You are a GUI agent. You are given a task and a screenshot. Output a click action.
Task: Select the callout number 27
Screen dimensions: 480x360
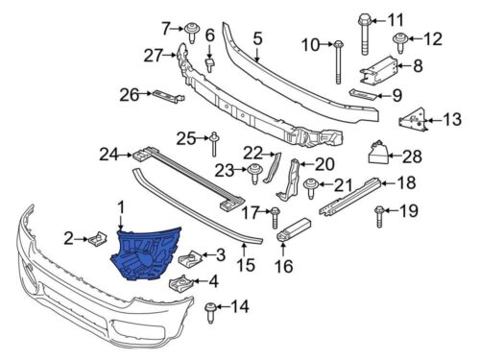[153, 56]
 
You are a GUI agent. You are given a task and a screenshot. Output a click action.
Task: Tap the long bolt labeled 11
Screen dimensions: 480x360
[365, 35]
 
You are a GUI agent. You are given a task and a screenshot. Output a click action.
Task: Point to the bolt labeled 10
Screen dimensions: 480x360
[338, 62]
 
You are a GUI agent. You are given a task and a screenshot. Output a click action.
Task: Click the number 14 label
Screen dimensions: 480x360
[240, 307]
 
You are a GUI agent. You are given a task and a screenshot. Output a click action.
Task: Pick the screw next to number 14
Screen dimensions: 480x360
[210, 313]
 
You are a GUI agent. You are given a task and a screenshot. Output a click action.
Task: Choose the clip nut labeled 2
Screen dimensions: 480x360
[97, 237]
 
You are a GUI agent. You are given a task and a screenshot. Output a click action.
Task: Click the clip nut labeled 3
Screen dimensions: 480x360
[189, 258]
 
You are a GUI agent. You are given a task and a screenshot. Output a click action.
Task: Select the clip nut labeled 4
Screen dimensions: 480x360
[180, 283]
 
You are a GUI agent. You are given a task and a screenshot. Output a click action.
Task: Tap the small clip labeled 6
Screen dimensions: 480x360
[209, 64]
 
